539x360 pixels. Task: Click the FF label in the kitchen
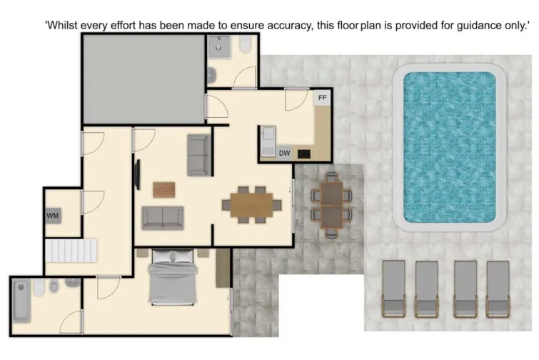(x=323, y=97)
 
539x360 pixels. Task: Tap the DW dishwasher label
(x=284, y=152)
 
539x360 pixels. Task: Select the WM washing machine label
(x=53, y=215)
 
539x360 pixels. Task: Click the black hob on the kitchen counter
(x=304, y=153)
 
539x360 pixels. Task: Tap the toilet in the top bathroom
(x=245, y=46)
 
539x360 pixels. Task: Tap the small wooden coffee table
(x=164, y=189)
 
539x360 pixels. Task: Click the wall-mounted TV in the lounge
(x=136, y=174)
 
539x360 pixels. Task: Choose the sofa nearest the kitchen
(x=198, y=154)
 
